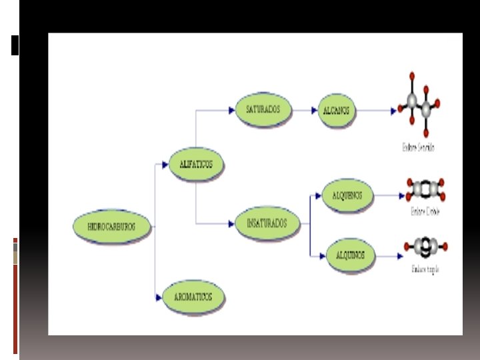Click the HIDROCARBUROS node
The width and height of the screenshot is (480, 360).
point(111,226)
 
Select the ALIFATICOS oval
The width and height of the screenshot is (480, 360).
point(195,164)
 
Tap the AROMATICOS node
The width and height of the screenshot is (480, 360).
point(193,297)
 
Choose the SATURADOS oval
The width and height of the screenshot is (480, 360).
point(263,109)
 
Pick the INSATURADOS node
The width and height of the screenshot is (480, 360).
point(267,223)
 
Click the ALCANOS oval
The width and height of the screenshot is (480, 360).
point(336,110)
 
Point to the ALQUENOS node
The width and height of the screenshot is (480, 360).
point(347,195)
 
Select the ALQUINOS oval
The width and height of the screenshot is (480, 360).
point(350,255)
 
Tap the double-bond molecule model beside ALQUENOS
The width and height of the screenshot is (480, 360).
point(425,189)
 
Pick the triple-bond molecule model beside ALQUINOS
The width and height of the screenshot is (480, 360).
point(425,247)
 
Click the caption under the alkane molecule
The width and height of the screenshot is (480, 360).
point(419,147)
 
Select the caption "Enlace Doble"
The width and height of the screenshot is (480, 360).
point(425,212)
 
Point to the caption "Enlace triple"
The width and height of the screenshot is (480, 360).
point(425,269)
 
